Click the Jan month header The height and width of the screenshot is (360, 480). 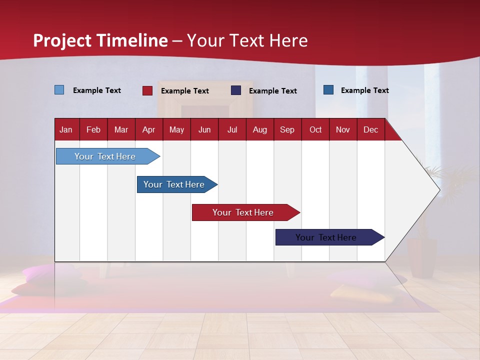coord(66,129)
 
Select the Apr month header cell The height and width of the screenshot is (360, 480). coord(148,129)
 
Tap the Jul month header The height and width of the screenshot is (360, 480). coord(232,129)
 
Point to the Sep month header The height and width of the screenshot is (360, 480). coord(287,129)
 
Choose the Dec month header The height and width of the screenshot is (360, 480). coord(370,129)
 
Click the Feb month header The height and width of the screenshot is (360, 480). coord(93,129)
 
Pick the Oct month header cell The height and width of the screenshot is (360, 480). coord(315,129)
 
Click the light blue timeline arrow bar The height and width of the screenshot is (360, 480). coord(105,156)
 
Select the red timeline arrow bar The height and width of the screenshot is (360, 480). coord(243,212)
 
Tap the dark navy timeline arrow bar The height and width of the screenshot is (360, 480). coord(326,237)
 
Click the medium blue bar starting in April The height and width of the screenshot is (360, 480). coord(174,184)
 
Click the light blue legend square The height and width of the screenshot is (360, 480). coord(59,90)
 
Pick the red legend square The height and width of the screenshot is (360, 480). coord(147,90)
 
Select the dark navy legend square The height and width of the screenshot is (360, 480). coord(236,90)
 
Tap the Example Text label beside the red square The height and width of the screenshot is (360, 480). coord(184,91)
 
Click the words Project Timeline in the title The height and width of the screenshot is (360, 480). coord(100,40)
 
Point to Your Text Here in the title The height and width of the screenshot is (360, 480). coord(247,40)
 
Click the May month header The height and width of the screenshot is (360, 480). coord(176,129)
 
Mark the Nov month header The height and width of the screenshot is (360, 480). coord(343,129)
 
